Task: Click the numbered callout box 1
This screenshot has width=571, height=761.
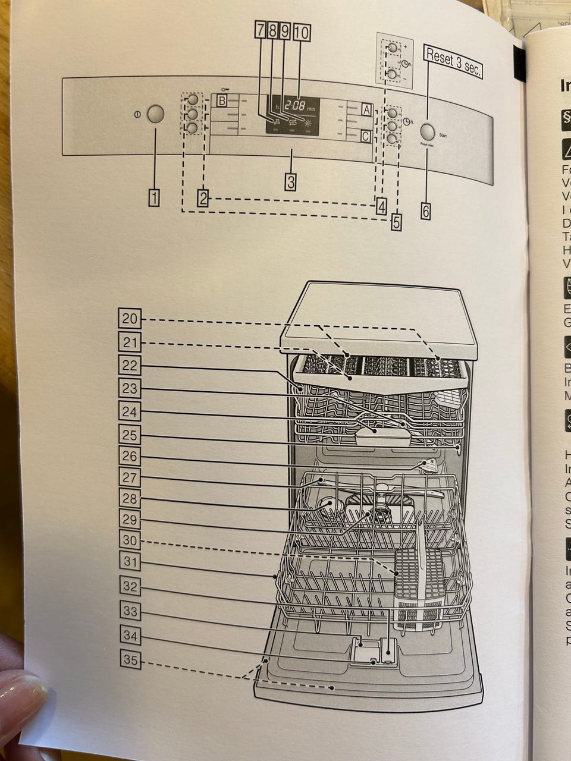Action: tap(154, 197)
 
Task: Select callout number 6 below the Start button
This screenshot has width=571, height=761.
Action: tap(425, 210)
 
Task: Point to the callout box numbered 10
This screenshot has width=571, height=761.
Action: tap(300, 32)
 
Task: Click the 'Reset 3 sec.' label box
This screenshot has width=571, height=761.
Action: tap(453, 61)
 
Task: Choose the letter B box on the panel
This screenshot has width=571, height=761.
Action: tap(222, 100)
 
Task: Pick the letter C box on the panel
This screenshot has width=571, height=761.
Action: tap(365, 137)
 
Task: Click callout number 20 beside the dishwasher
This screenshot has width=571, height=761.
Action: tap(130, 319)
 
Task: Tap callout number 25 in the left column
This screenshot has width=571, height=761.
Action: tap(130, 435)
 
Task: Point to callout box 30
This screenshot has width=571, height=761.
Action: tap(130, 540)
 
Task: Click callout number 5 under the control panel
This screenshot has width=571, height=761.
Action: tap(396, 221)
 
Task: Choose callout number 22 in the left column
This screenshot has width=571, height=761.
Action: tap(130, 365)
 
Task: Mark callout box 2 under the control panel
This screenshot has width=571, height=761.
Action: tap(203, 197)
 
